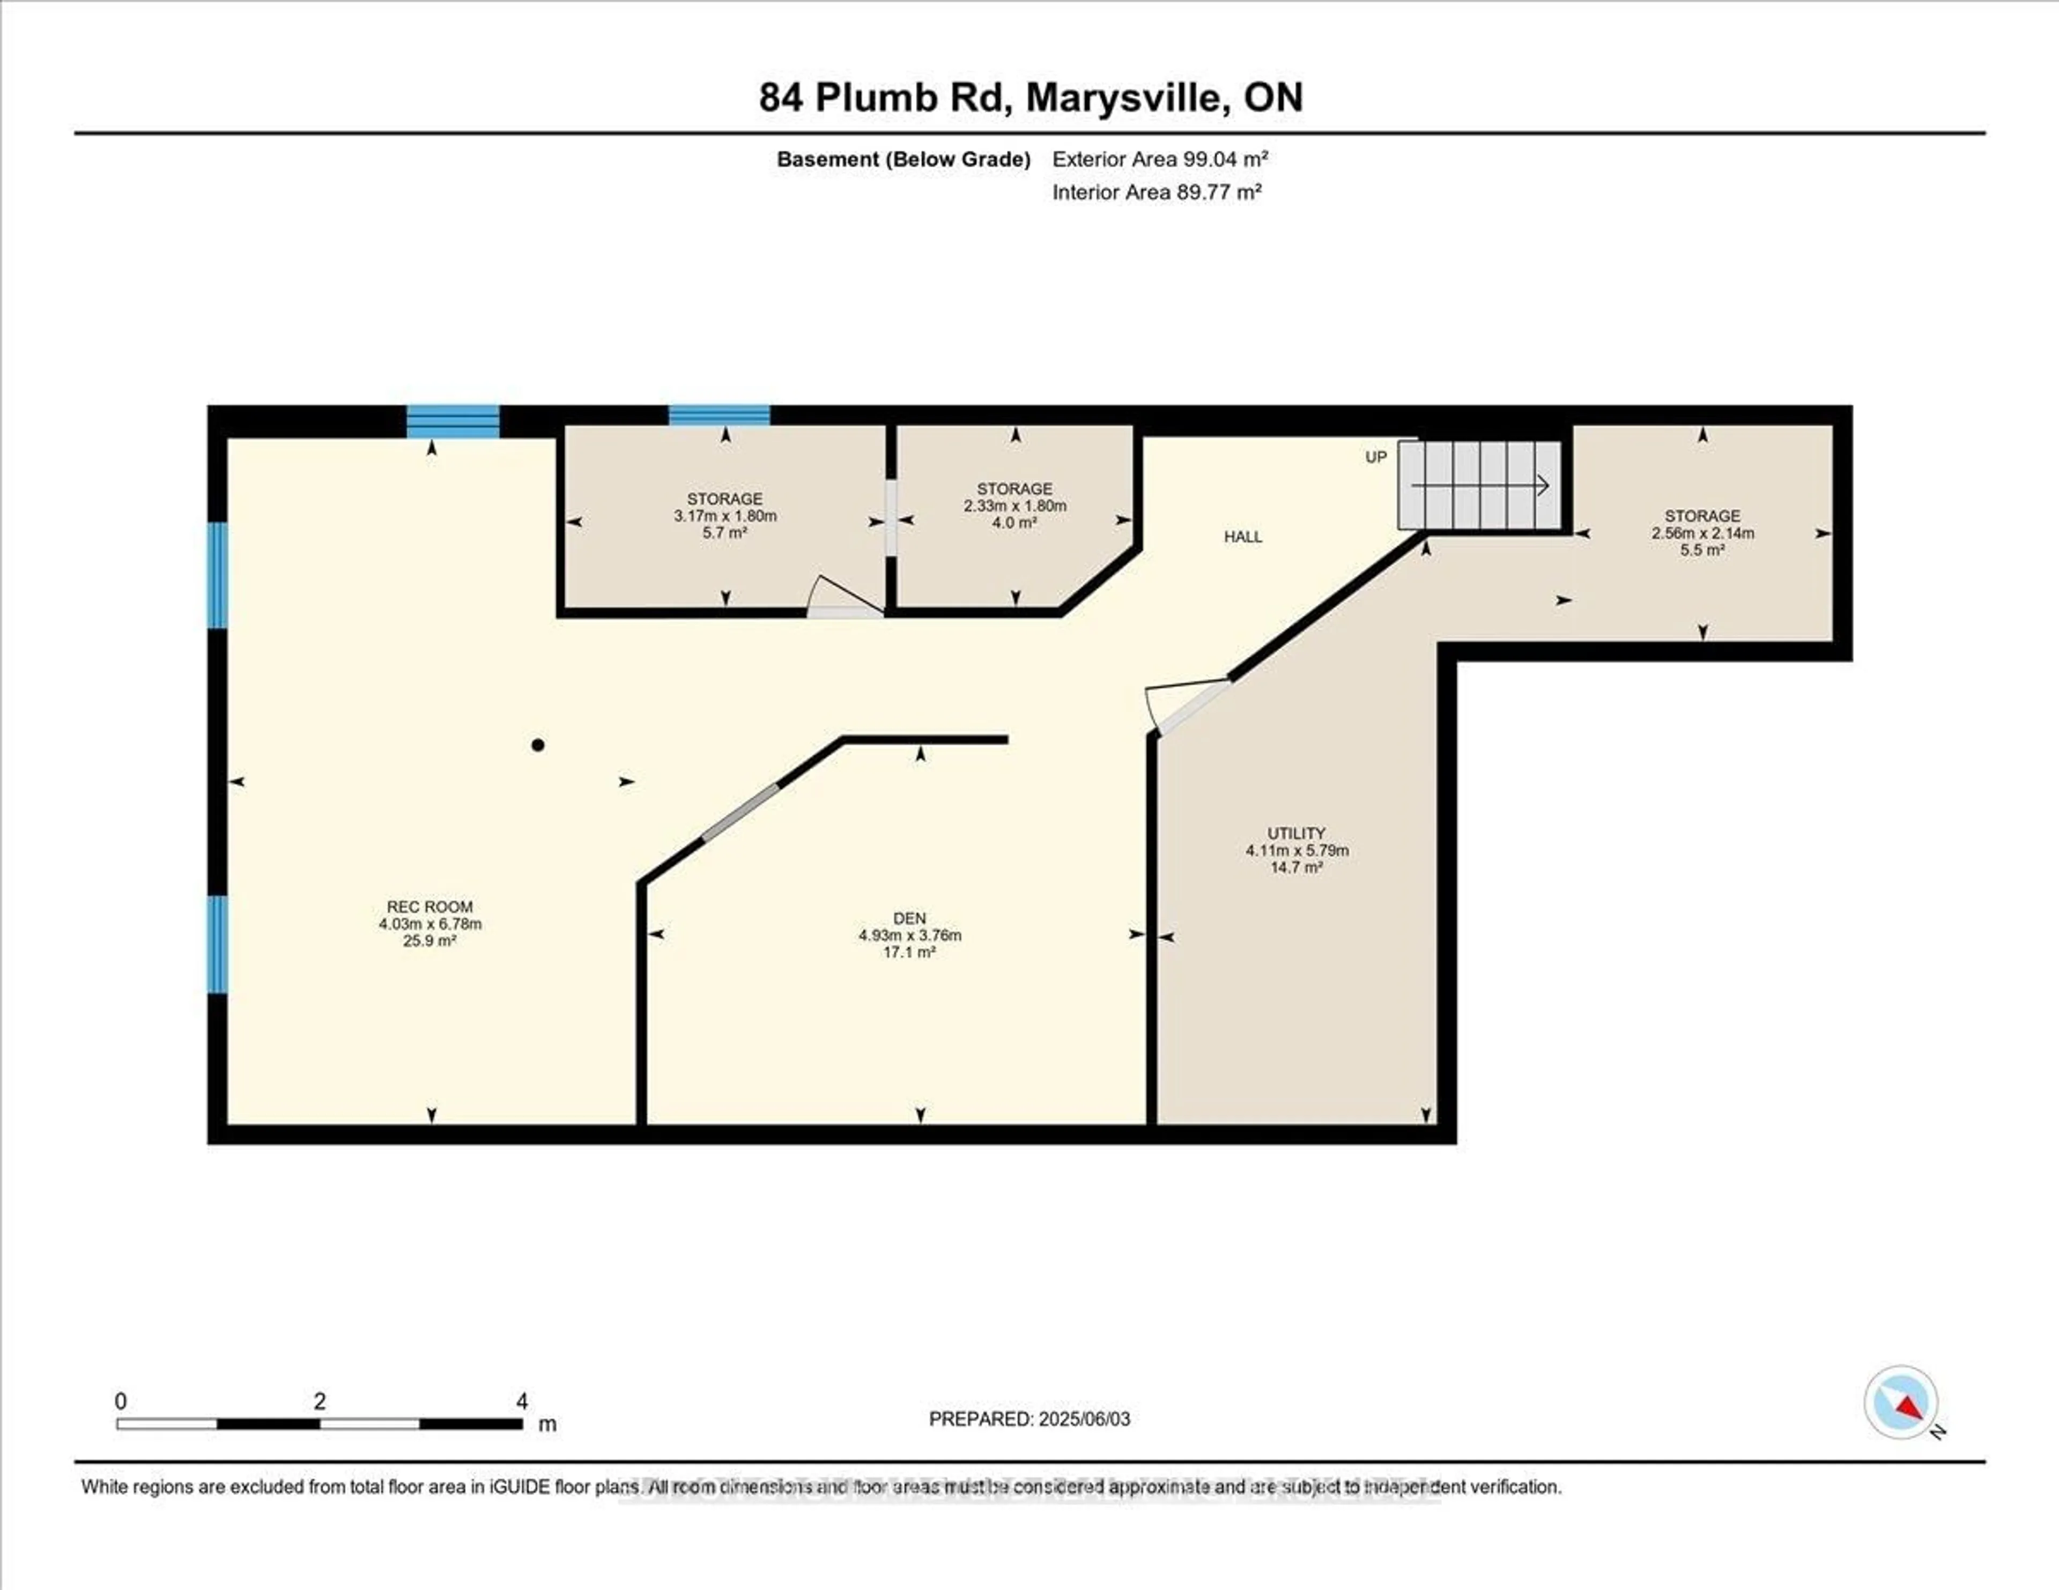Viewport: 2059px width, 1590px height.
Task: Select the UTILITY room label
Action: coord(1297,833)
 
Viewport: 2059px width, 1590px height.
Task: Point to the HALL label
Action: coord(1242,536)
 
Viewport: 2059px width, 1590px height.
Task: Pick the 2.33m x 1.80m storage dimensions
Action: coord(1014,505)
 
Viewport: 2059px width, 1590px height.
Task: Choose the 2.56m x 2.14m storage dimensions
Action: coord(1702,532)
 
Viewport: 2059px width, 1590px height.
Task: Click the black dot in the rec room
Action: coord(537,745)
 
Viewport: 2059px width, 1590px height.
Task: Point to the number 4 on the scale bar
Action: coord(521,1401)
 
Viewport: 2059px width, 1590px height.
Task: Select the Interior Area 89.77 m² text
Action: coord(1156,192)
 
